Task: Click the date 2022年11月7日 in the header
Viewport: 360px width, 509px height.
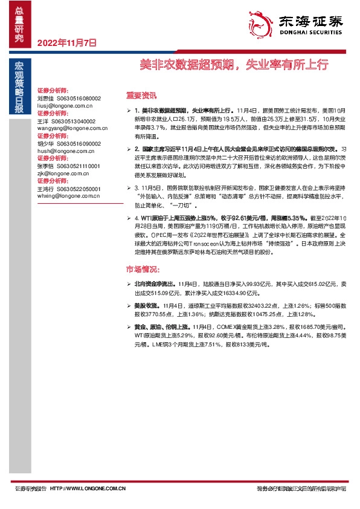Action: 67,42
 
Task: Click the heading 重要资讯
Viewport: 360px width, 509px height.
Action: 141,96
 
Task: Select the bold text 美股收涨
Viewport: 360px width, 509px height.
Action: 146,306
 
